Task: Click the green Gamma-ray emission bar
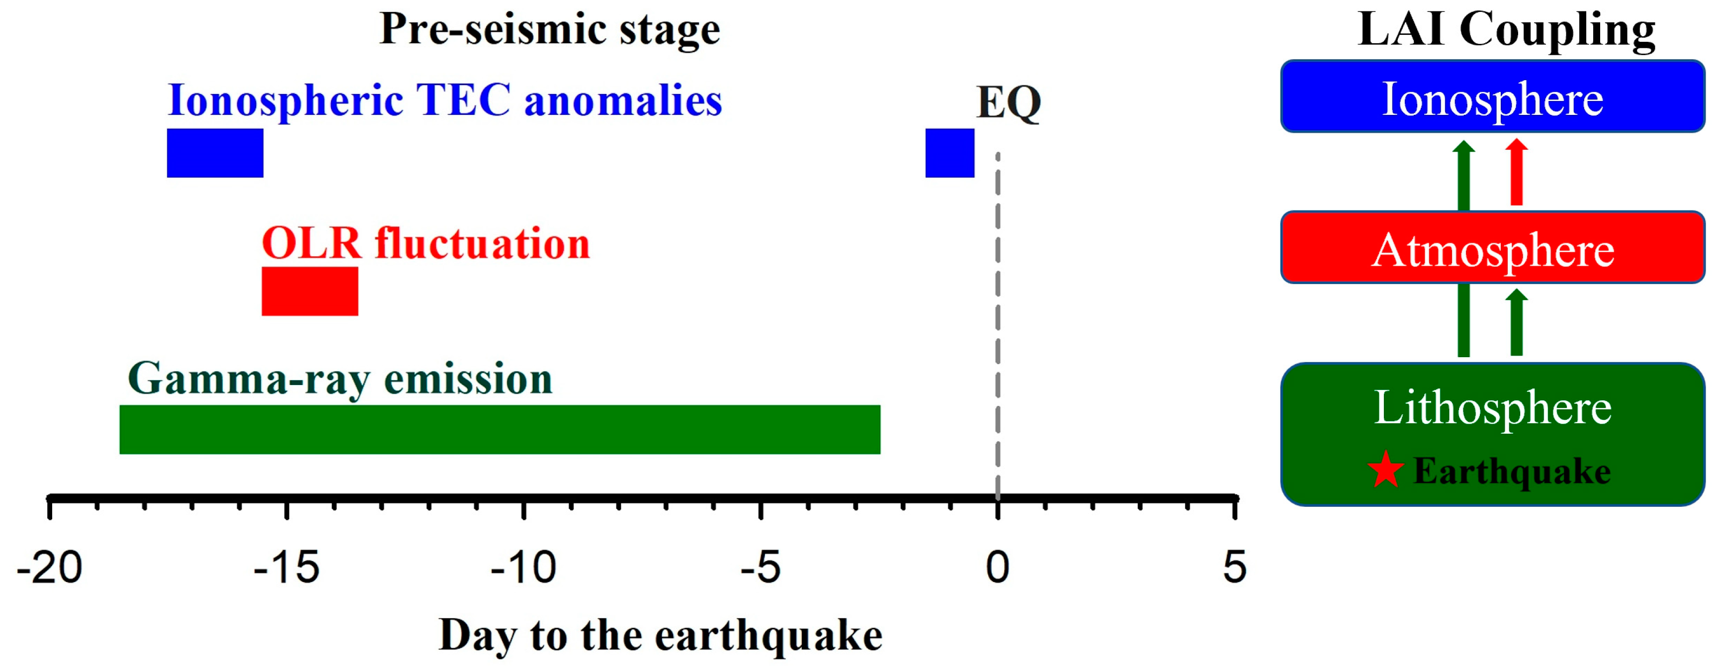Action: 499,429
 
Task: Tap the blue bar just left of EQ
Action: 949,153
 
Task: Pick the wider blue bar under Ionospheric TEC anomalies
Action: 215,153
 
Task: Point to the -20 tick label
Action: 49,568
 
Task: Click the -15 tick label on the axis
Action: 286,568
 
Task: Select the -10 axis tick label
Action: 523,568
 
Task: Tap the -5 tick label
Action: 760,568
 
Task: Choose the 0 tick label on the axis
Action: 997,568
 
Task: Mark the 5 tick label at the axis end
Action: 1234,568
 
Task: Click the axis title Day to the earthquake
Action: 660,636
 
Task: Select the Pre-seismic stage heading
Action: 550,30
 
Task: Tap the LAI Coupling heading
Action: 1506,30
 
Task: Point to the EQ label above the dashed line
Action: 1008,103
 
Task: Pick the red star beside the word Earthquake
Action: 1386,470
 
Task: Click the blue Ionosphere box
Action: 1492,96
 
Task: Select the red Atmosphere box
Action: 1492,248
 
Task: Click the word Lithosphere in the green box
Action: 1492,407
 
